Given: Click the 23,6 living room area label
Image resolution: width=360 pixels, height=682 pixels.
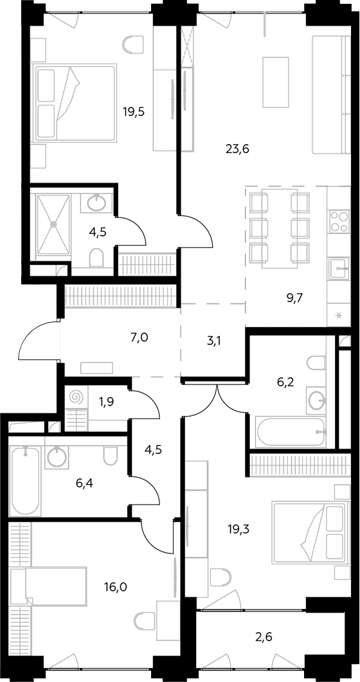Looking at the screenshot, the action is (x=237, y=149).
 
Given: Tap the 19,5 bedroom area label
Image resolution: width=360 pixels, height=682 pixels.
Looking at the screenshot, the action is (x=133, y=112).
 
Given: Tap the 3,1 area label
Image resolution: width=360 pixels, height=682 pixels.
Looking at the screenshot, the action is (x=213, y=342).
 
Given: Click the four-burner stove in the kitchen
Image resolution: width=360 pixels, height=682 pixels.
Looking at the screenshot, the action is (x=339, y=221).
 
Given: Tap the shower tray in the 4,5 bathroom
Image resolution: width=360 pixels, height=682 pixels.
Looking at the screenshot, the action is (x=53, y=224).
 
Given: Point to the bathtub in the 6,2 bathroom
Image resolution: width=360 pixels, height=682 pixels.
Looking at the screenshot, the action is (x=291, y=433).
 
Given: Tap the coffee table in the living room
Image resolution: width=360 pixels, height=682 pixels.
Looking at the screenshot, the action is (x=276, y=82).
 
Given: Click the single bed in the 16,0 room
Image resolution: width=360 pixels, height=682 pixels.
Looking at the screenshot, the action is (x=50, y=586).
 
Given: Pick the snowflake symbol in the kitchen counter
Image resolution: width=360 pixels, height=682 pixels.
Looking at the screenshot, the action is (x=338, y=314).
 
